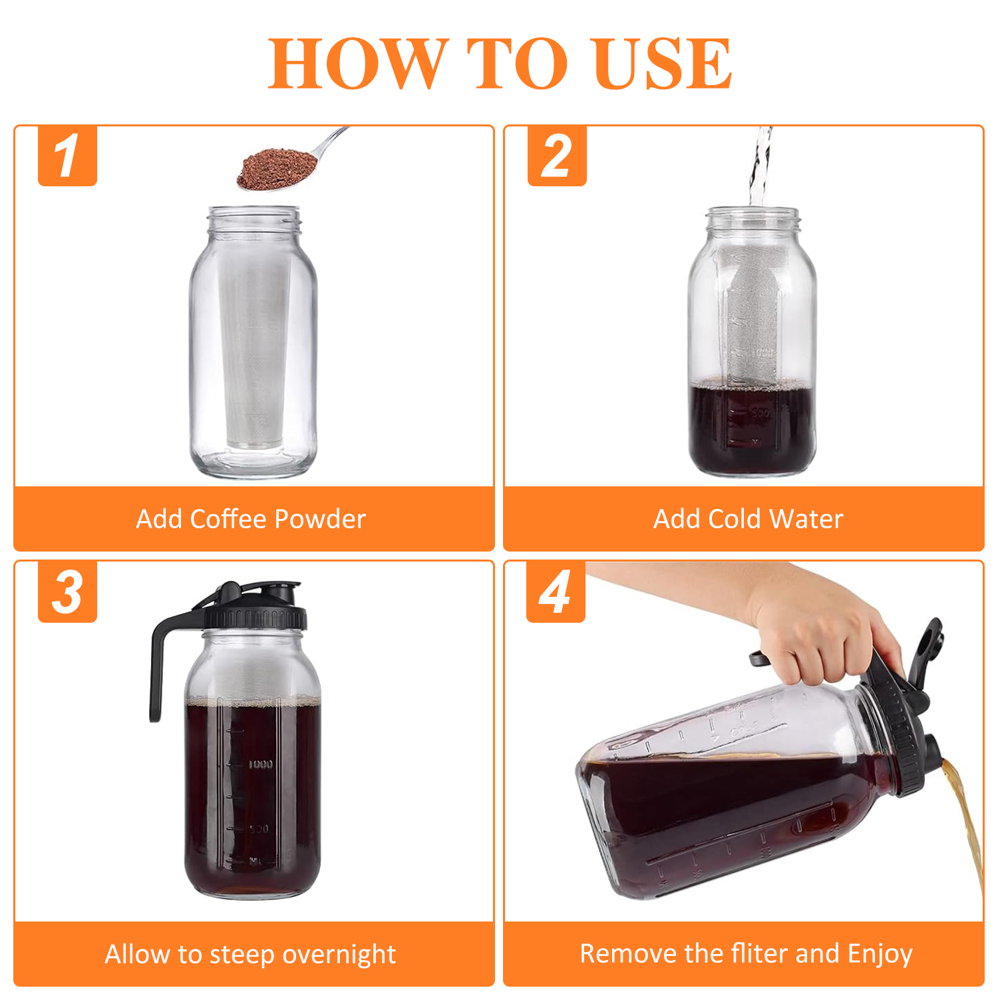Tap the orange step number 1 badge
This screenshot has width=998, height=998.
click(67, 156)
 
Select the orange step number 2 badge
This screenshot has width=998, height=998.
click(557, 156)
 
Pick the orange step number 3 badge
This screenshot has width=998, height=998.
click(67, 591)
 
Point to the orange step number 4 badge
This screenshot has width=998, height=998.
click(556, 591)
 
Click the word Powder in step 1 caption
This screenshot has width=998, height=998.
click(320, 519)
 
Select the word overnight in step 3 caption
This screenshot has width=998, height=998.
click(339, 955)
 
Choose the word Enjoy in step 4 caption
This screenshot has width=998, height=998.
click(880, 955)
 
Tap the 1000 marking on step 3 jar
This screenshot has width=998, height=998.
click(261, 764)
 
